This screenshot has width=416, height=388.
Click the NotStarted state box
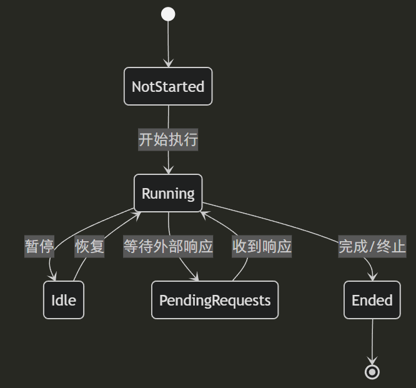[x=168, y=86]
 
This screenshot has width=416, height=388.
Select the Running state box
[x=168, y=193]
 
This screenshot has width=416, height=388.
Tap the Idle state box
[x=64, y=300]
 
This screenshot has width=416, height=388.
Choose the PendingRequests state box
[x=215, y=300]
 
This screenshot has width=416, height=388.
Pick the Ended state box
[x=372, y=300]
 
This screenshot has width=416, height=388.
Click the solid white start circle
[x=168, y=14]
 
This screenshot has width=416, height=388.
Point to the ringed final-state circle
[x=372, y=372]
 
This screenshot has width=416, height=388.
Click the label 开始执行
[x=168, y=139]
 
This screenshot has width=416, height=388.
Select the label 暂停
[x=39, y=246]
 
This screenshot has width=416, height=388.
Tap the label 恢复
[x=90, y=246]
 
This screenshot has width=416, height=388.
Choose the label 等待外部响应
[x=168, y=246]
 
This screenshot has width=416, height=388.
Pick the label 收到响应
[x=262, y=246]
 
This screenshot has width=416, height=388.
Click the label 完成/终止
[x=372, y=246]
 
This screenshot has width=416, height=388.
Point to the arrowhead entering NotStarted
[x=168, y=63]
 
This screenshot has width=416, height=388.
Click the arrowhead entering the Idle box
[x=54, y=278]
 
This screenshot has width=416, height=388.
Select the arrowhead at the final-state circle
[x=372, y=361]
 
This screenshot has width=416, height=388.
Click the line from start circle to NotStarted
[x=168, y=41]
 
